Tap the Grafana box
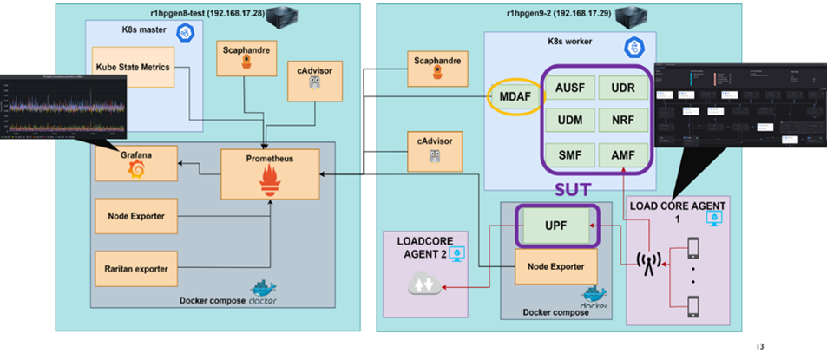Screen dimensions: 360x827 click(x=135, y=163)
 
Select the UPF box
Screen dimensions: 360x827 click(x=555, y=226)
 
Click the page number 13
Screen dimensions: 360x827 click(x=760, y=347)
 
